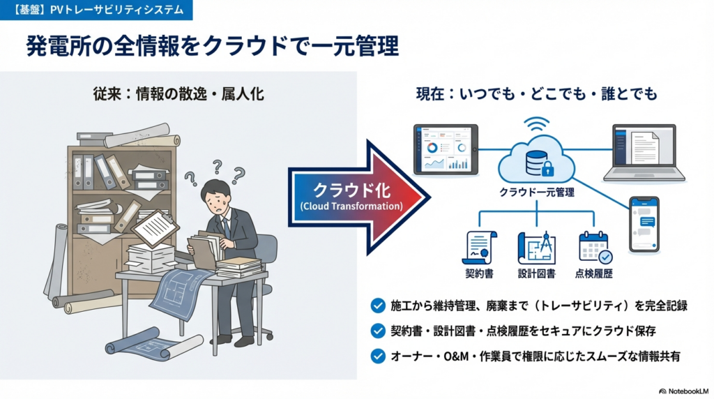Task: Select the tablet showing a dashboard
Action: tap(446, 149)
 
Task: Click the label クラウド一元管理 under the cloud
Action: tap(537, 192)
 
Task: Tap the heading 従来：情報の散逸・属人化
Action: tap(179, 93)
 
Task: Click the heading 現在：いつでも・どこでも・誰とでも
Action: tap(537, 93)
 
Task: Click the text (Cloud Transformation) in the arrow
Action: tap(351, 206)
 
